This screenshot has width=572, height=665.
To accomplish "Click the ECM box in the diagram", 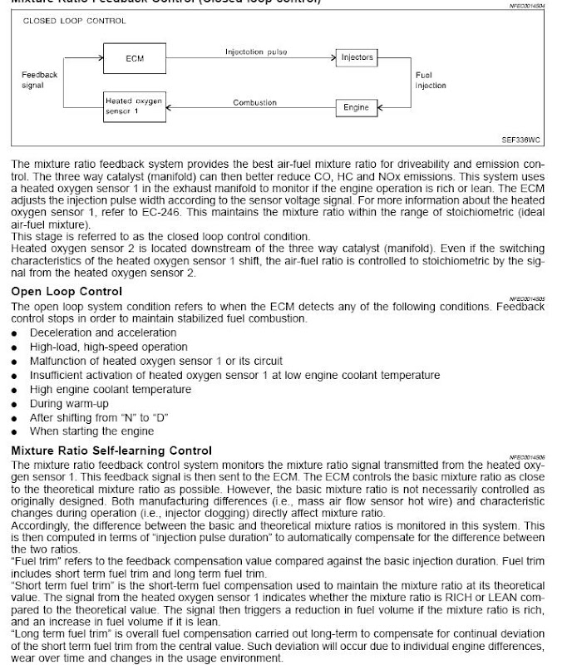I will (x=134, y=59).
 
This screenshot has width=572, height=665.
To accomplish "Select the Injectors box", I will (x=357, y=57).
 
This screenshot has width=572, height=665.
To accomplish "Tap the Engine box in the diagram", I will (x=357, y=108).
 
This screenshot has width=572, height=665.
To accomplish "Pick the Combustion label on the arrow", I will (x=254, y=102).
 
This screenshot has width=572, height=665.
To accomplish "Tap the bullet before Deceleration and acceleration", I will (x=15, y=333).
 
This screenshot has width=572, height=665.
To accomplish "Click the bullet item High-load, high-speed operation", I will (x=109, y=347).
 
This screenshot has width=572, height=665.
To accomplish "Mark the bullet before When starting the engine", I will (x=15, y=432).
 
